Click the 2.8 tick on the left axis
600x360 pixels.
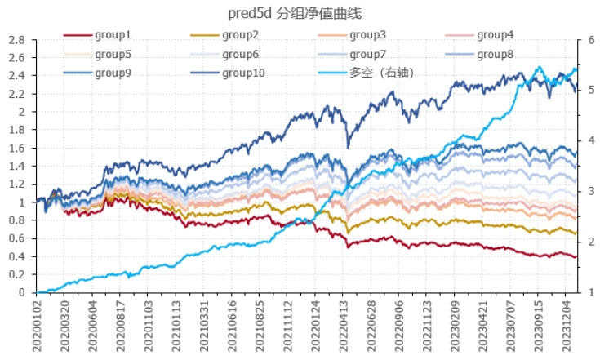(17, 39)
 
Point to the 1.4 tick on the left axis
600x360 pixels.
(17, 166)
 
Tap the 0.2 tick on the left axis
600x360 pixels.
(17, 274)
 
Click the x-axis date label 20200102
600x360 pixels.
(38, 325)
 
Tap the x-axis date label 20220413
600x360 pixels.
(343, 325)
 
